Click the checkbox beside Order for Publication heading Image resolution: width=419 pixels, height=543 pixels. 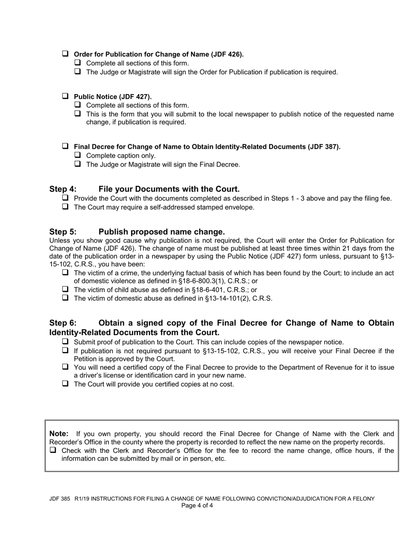65,54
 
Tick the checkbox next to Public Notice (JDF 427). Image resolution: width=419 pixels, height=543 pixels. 65,96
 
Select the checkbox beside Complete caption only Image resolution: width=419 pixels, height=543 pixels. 78,155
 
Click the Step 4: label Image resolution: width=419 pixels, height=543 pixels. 63,189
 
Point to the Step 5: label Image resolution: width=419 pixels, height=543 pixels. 63,232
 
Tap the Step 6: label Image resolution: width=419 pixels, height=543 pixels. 63,323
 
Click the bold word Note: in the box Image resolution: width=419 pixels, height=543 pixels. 59,434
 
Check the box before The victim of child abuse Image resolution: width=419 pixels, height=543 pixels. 65,289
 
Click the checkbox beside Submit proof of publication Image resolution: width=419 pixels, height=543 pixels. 65,342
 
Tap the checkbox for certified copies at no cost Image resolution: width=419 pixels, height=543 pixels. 65,384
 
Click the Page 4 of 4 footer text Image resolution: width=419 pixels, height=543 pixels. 197,505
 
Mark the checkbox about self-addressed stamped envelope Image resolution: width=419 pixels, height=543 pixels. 65,207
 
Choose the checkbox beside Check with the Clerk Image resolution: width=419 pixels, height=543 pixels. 53,450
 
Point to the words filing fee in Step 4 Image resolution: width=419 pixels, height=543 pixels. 377,198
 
